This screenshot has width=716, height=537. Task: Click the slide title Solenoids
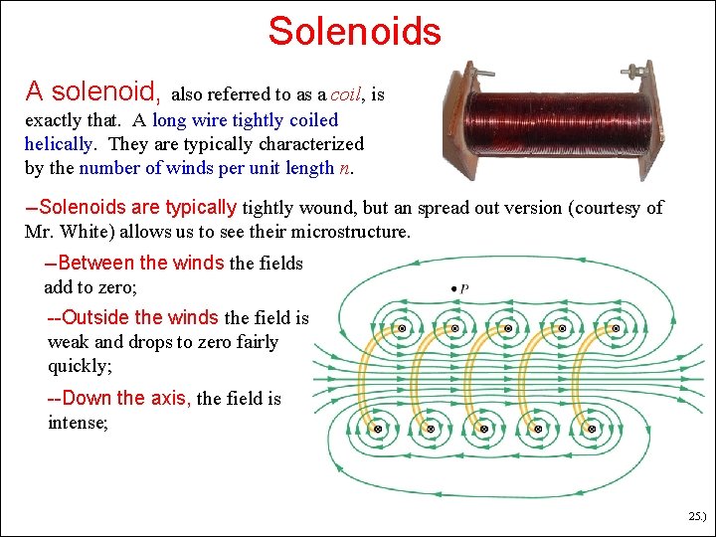pyautogui.click(x=354, y=31)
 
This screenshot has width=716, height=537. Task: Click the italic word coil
pyautogui.click(x=345, y=95)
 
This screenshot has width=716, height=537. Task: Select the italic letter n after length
pyautogui.click(x=344, y=168)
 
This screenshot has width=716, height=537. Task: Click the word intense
pyautogui.click(x=79, y=423)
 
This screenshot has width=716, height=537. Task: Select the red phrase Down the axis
pyautogui.click(x=119, y=399)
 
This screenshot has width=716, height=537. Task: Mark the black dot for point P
pyautogui.click(x=454, y=288)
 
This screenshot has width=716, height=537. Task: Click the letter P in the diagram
pyautogui.click(x=465, y=288)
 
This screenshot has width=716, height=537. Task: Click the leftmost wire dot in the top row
pyautogui.click(x=402, y=327)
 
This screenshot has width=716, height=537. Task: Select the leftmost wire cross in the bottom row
pyautogui.click(x=378, y=429)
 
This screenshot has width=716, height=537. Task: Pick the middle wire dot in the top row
pyautogui.click(x=508, y=327)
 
